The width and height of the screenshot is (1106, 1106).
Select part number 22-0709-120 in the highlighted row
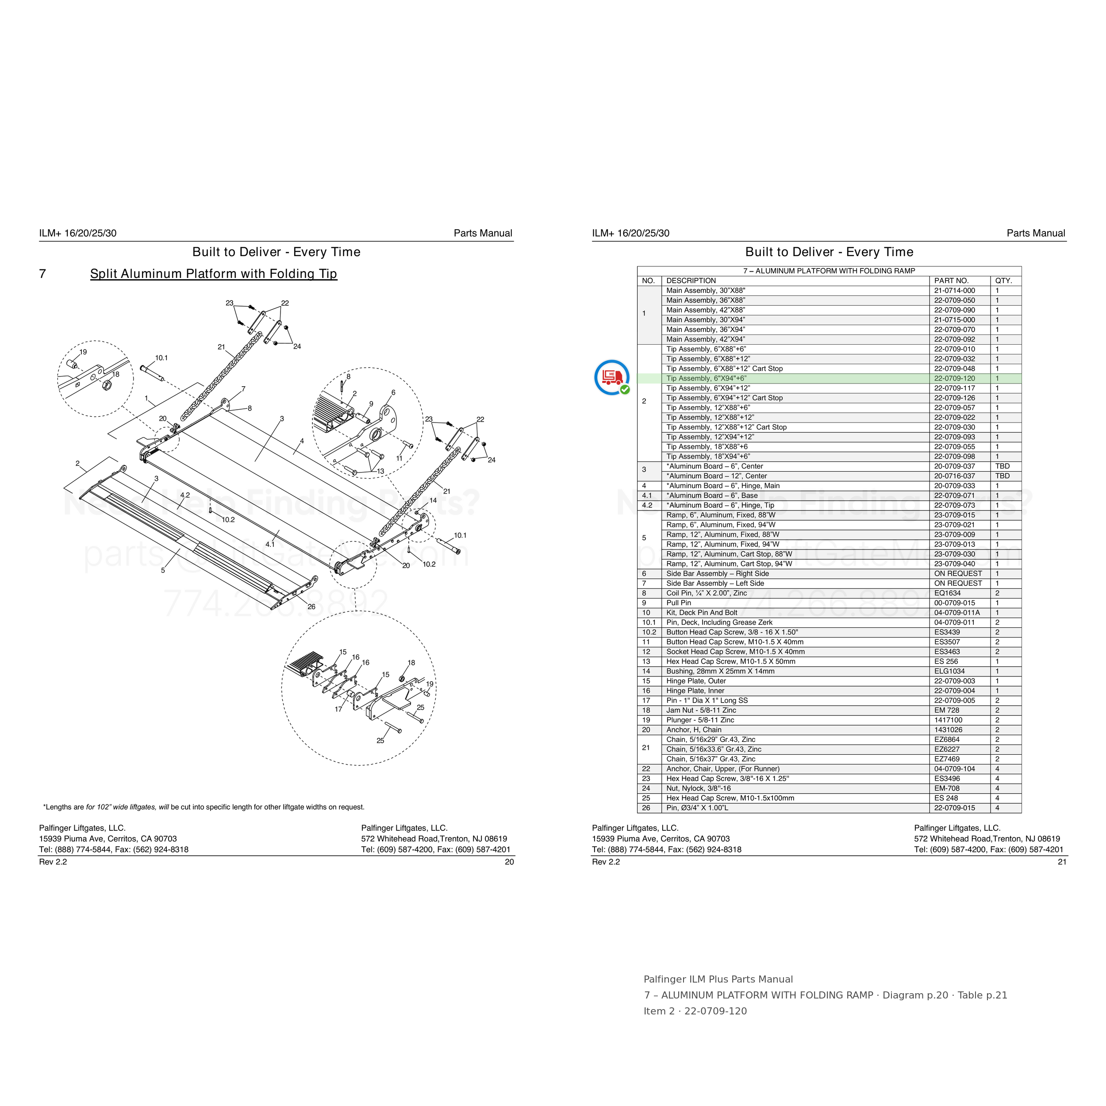click(954, 378)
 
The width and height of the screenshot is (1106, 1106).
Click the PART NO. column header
click(952, 280)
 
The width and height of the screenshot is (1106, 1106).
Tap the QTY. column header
click(1003, 280)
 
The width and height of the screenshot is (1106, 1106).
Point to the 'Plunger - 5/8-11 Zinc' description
click(699, 720)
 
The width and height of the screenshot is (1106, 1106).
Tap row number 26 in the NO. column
click(646, 808)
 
